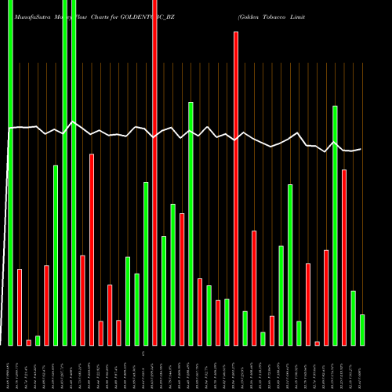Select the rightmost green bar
click(362, 329)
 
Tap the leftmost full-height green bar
click(11, 172)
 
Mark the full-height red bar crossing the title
click(155, 172)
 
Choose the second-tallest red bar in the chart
click(236, 188)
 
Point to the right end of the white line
click(361, 149)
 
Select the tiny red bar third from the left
click(29, 343)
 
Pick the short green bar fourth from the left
click(38, 340)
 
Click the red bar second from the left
click(20, 307)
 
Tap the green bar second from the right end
click(353, 318)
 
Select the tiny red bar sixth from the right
click(317, 343)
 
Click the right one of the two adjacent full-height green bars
click(74, 172)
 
